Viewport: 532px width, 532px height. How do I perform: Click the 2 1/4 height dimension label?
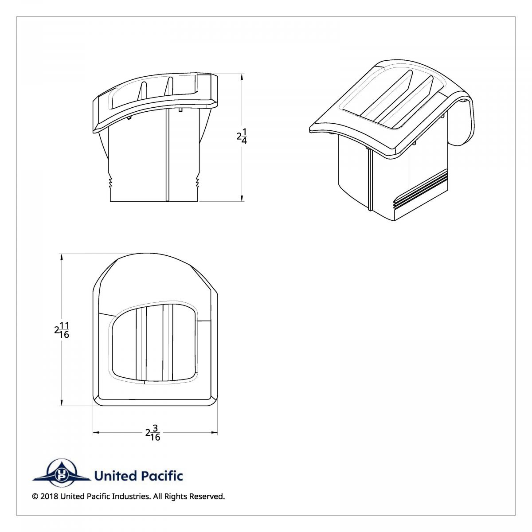[x=242, y=136]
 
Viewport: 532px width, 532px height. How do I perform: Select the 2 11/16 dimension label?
[x=62, y=330]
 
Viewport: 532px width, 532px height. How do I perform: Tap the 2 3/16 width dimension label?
[x=153, y=433]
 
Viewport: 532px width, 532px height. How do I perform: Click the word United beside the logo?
[x=115, y=476]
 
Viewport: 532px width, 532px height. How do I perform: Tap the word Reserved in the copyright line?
[x=207, y=497]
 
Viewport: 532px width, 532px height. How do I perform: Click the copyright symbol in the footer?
[x=35, y=497]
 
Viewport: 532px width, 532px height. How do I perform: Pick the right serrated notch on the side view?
[x=197, y=182]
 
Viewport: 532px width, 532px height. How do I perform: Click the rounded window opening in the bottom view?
[x=153, y=344]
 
